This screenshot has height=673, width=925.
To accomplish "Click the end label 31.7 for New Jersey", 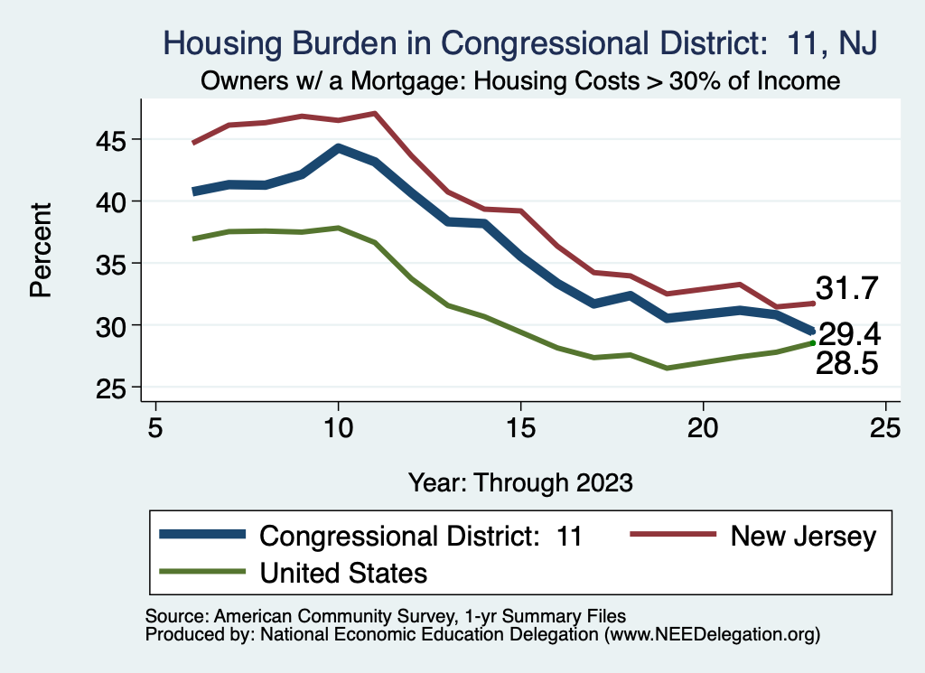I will tap(846, 289).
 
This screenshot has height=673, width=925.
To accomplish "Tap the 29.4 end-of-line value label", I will tap(849, 335).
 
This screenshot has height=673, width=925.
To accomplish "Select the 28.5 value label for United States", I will tap(846, 363).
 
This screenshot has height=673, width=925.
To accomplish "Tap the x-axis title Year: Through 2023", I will tap(520, 481).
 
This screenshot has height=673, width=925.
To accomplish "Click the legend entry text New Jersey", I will tap(803, 537).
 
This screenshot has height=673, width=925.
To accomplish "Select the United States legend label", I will tap(343, 572).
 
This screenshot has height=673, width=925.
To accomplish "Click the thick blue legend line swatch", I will tap(203, 536).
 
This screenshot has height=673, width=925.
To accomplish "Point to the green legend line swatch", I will tap(203, 571).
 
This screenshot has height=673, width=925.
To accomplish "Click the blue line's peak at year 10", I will tap(338, 148).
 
